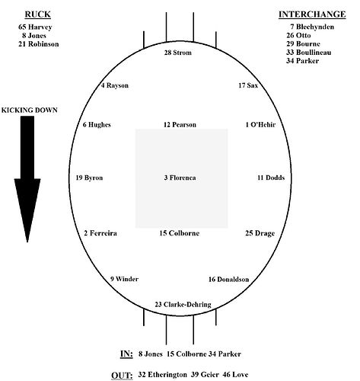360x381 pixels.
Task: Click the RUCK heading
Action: [x=38, y=14]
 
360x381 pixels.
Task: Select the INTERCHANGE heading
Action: [x=312, y=14]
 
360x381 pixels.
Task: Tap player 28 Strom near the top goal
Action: [x=178, y=53]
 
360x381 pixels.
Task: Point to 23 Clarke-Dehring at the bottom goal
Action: [x=183, y=304]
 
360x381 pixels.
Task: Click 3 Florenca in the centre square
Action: [x=180, y=178]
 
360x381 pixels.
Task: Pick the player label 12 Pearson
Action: [x=180, y=125]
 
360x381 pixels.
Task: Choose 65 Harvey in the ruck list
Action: [x=35, y=27]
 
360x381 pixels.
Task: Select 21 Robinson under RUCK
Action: [x=39, y=44]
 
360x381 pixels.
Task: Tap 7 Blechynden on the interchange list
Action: [x=312, y=27]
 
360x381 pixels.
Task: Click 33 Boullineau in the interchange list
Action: [x=309, y=53]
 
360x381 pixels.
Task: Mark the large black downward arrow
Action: [x=27, y=179]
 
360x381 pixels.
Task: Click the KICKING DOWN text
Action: [x=30, y=110]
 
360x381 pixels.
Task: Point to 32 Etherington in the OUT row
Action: [x=162, y=375]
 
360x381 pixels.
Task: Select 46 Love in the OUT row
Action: [x=235, y=374]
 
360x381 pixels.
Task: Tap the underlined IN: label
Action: [x=126, y=354]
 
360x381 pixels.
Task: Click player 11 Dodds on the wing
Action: [x=271, y=178]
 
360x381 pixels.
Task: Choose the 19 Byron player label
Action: [x=89, y=178]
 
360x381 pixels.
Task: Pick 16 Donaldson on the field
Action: [x=228, y=280]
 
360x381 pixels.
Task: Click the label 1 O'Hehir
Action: [x=260, y=125]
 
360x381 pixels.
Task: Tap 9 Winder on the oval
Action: [x=124, y=279]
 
